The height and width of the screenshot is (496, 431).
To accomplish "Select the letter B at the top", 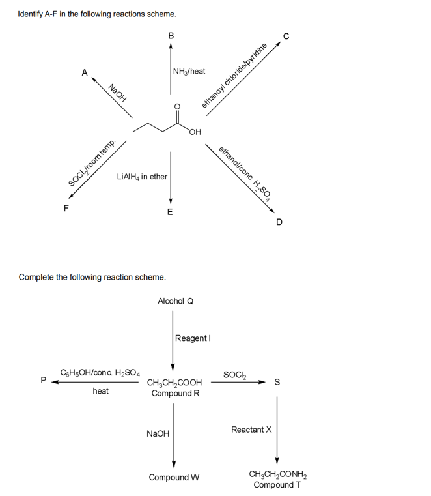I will (171, 36).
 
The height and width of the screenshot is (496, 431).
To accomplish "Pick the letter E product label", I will (170, 212).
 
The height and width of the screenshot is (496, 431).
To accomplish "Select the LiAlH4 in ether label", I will (142, 177).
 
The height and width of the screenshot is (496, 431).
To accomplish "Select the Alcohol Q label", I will (175, 301).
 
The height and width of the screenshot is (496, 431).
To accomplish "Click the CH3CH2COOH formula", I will (175, 383).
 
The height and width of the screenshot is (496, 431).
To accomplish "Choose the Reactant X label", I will (251, 430).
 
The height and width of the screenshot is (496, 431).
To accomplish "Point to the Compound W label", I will (174, 477).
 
